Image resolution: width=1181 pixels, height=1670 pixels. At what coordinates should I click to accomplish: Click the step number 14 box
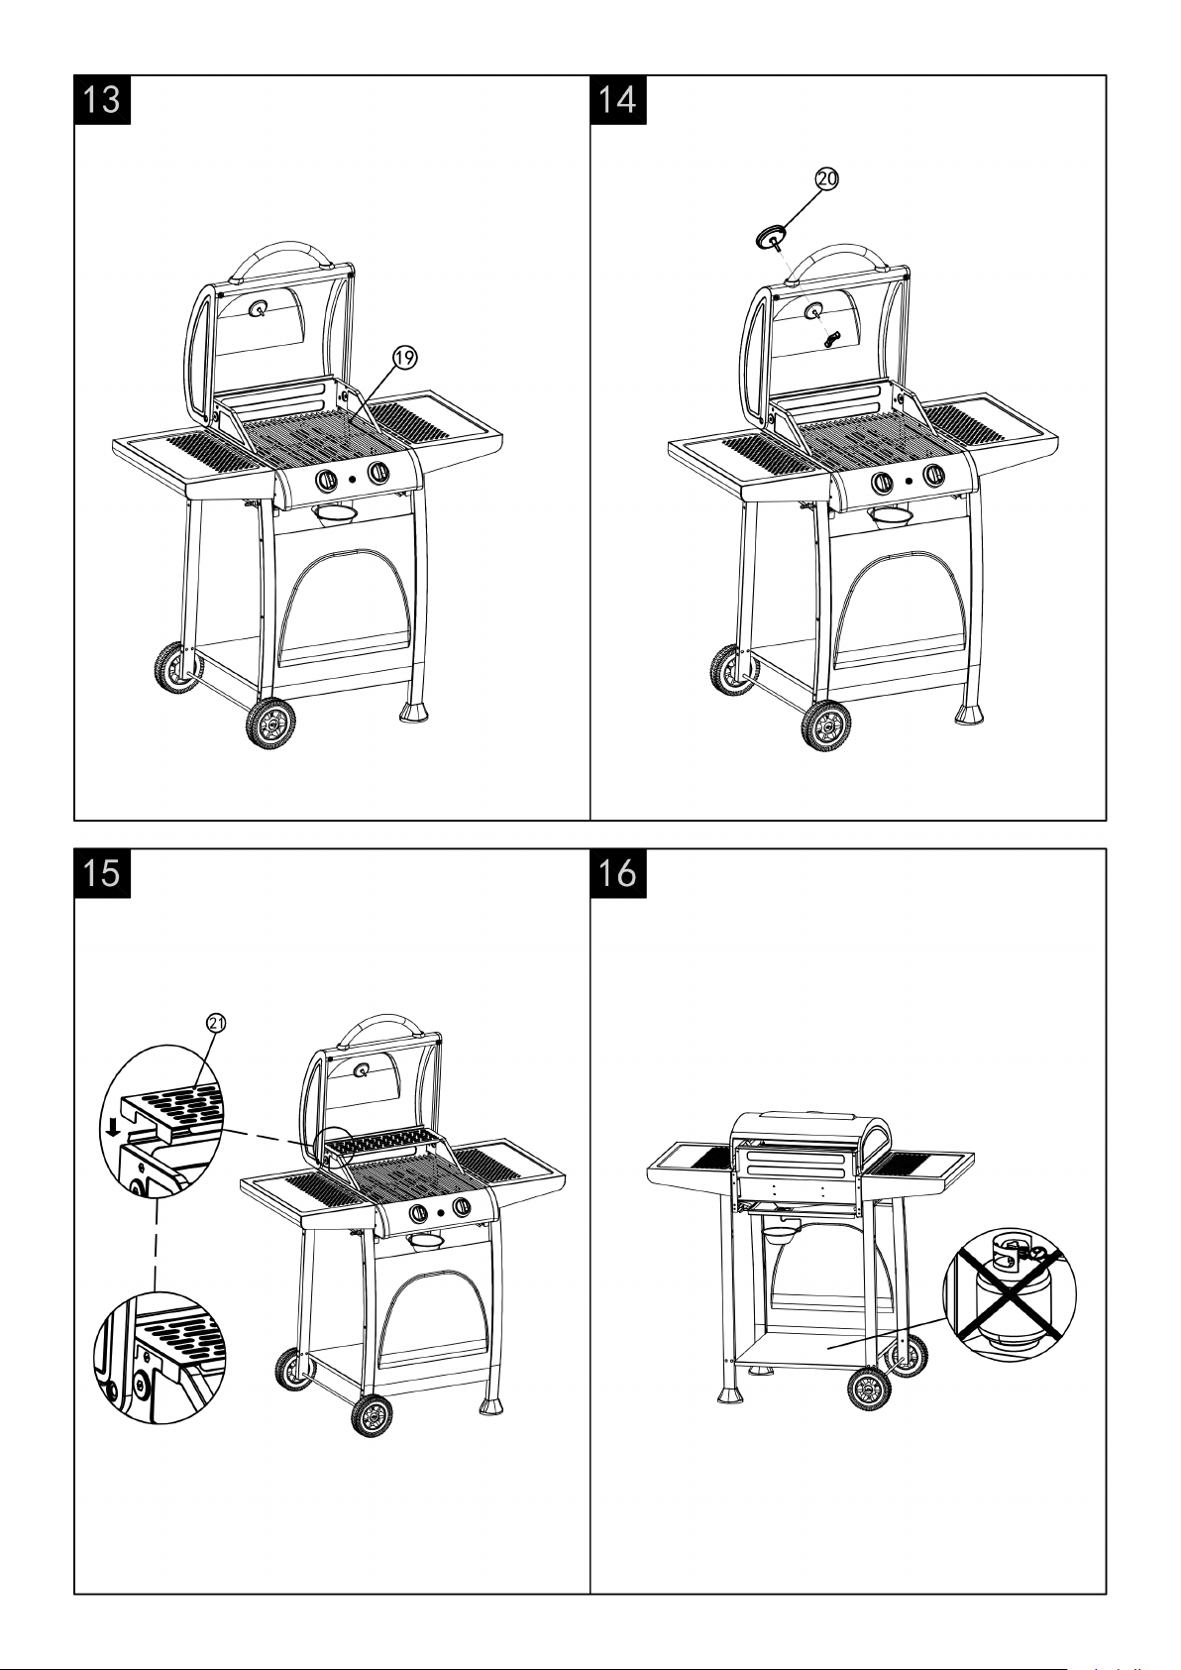[618, 100]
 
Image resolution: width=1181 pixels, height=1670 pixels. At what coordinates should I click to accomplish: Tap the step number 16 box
[618, 873]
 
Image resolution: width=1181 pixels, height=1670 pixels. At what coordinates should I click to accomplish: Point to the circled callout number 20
[826, 178]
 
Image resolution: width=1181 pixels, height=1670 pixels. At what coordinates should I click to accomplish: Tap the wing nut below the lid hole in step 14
[830, 338]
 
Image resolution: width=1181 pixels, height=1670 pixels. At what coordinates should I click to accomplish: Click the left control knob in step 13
[326, 481]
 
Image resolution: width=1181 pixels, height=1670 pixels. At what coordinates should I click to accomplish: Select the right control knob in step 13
[377, 473]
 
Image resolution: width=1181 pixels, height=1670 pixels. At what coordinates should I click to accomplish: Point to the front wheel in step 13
[270, 724]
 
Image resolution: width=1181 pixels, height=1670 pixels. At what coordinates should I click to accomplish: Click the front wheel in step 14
[826, 726]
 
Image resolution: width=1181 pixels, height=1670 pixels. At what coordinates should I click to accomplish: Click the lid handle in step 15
[383, 1025]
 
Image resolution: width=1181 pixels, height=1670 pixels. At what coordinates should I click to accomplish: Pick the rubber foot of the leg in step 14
[969, 714]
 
